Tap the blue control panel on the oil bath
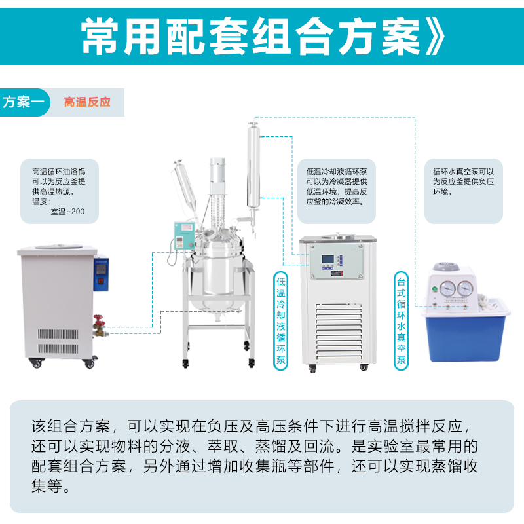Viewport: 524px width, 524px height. [102, 273]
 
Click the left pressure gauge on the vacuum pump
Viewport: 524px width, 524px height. [447, 288]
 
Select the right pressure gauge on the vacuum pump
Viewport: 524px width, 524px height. [465, 288]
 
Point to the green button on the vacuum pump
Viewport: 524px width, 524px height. [434, 289]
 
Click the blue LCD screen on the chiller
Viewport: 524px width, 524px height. [328, 259]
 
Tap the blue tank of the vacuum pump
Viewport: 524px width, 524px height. [465, 338]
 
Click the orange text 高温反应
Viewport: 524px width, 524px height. [87, 102]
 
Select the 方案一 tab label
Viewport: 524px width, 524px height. [24, 102]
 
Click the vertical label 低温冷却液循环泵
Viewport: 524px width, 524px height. [281, 321]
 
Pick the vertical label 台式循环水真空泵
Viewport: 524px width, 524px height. [401, 321]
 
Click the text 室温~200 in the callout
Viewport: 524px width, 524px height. [67, 212]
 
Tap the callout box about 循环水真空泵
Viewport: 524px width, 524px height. [464, 191]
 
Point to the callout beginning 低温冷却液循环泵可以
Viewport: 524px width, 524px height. [337, 191]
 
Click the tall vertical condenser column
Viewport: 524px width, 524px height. [253, 166]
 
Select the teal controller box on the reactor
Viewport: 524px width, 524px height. [184, 236]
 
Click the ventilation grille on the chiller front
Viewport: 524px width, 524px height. [339, 333]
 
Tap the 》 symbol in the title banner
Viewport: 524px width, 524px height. [435, 36]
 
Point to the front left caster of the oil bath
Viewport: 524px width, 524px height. [36, 364]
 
